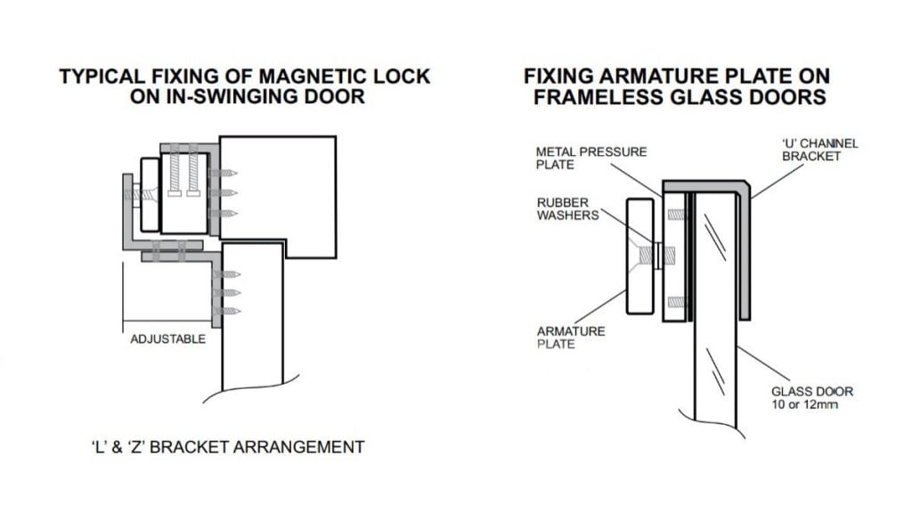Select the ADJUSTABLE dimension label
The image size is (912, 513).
click(167, 339)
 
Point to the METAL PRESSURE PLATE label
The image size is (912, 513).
click(590, 158)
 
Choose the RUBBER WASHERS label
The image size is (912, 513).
click(567, 209)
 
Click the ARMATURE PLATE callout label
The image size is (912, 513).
click(570, 338)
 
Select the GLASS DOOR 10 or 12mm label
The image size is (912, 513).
click(811, 398)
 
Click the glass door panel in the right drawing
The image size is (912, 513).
click(715, 338)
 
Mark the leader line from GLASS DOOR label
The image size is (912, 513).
click(757, 364)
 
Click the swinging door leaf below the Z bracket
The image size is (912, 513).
click(251, 338)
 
